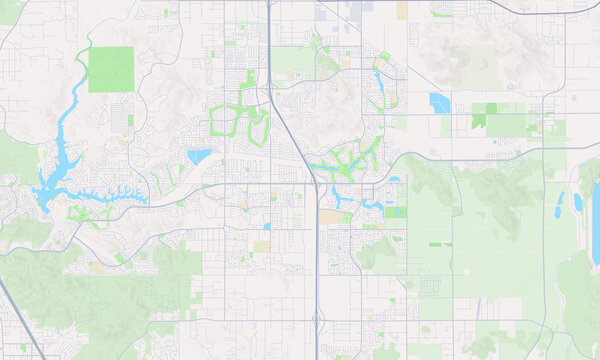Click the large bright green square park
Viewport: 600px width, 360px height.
(110, 69)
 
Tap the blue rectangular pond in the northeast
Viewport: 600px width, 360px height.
(439, 101)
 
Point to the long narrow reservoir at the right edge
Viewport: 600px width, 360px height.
(596, 225)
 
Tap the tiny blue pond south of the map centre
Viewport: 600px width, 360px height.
(266, 226)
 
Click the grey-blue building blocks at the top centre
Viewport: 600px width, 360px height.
(331, 12)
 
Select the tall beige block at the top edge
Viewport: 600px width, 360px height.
(402, 10)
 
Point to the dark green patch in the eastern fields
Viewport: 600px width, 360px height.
(479, 120)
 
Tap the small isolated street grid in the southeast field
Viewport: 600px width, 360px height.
(429, 286)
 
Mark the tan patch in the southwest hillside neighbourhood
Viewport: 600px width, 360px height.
(97, 268)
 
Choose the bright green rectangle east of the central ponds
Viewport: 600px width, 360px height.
(396, 212)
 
